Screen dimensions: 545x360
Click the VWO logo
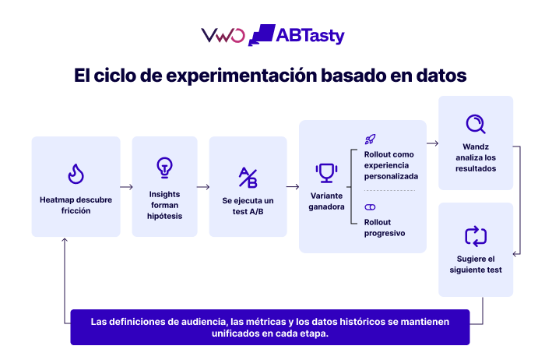(x=223, y=35)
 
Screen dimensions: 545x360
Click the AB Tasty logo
(x=297, y=35)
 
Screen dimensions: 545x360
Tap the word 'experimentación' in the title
(x=241, y=76)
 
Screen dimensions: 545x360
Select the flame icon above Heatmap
(x=76, y=174)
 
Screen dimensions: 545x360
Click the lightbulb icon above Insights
(x=164, y=168)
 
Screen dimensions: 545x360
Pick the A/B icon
(x=248, y=178)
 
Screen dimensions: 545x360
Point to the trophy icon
(x=326, y=173)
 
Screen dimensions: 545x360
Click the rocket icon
(x=370, y=139)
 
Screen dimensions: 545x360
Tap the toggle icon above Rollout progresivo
(x=370, y=207)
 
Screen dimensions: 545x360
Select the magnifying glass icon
(x=476, y=124)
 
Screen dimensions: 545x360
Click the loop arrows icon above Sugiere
(x=476, y=237)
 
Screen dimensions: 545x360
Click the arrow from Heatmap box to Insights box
(x=126, y=187)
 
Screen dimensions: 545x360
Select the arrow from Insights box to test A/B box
(x=203, y=187)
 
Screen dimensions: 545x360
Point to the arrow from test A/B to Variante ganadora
(x=293, y=187)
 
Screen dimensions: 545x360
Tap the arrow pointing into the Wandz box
(x=433, y=143)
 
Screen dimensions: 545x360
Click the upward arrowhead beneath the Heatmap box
(x=65, y=240)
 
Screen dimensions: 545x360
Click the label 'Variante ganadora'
(x=326, y=201)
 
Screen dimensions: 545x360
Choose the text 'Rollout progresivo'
(x=385, y=228)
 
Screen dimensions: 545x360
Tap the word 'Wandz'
(x=476, y=146)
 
